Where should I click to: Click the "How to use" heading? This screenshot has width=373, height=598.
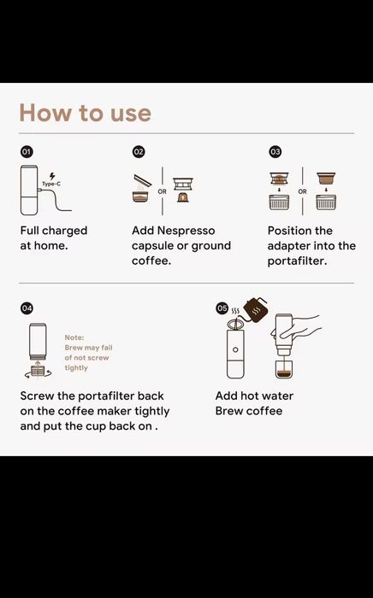(86, 113)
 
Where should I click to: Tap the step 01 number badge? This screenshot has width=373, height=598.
(26, 152)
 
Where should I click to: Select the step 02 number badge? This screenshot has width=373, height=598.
(139, 152)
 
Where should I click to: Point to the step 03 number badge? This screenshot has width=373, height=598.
(275, 152)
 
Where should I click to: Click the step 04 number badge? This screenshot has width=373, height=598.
(27, 308)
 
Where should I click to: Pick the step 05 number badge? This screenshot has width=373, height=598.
(222, 308)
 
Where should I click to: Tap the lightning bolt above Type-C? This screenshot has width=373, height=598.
(52, 176)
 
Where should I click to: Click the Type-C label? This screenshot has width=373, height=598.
(51, 184)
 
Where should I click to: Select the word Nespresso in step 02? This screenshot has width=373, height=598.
(186, 231)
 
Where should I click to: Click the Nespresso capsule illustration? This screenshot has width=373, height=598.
(183, 197)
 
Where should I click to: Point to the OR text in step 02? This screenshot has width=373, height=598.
(163, 191)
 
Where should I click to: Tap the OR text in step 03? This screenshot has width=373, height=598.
(302, 191)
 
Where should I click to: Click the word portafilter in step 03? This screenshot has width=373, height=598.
(298, 261)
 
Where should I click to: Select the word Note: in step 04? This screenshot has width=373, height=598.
(74, 337)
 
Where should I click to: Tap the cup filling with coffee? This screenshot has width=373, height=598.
(284, 368)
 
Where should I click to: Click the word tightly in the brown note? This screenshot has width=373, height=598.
(76, 368)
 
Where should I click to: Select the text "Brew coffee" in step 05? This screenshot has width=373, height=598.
(249, 411)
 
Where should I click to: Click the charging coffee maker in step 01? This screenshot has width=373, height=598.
(29, 190)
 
